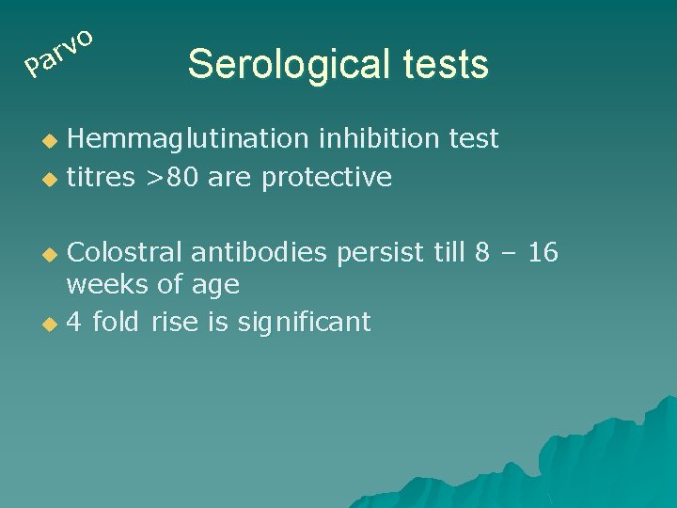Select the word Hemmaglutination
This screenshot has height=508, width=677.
(x=188, y=139)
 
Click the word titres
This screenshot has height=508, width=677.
(x=101, y=177)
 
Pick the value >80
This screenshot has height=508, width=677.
(x=172, y=177)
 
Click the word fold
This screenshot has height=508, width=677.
(x=116, y=322)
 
